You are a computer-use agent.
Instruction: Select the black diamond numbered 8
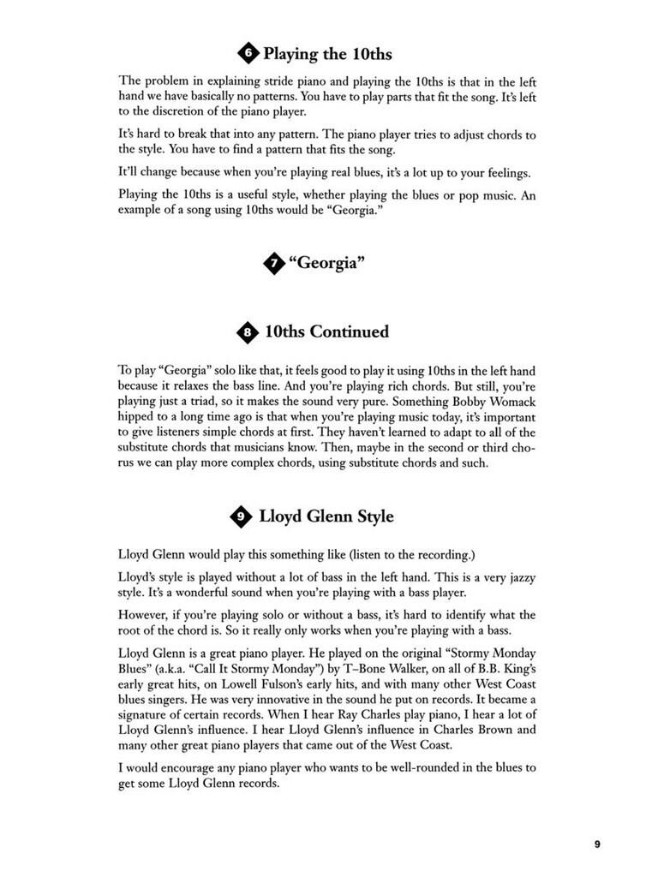pos(248,331)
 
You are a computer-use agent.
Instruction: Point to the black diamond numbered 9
pos(241,516)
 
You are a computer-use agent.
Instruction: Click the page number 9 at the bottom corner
pos(597,844)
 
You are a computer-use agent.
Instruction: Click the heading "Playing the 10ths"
pos(327,54)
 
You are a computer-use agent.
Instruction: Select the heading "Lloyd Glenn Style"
pos(326,516)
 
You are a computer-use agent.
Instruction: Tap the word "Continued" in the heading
pos(349,331)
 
